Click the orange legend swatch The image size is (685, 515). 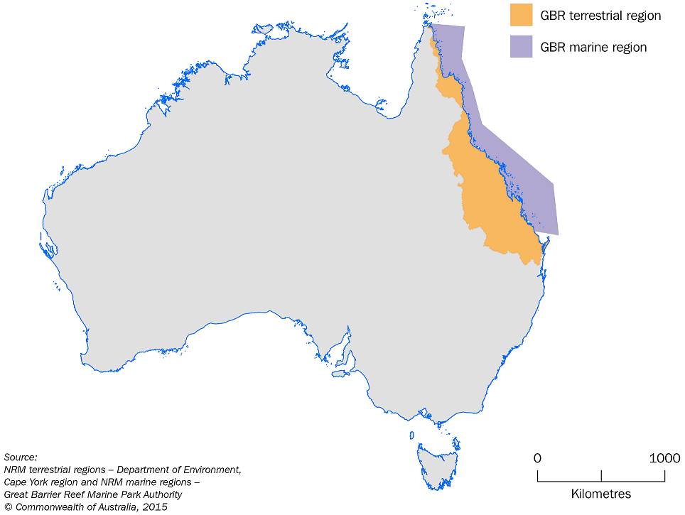[521, 15]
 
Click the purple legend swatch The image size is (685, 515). [521, 47]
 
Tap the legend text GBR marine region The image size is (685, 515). [593, 48]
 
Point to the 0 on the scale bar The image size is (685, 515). [537, 458]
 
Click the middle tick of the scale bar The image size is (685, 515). [601, 476]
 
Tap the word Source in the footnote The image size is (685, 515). [20, 457]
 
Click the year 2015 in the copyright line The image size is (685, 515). [153, 507]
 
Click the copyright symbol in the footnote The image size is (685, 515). [8, 507]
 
